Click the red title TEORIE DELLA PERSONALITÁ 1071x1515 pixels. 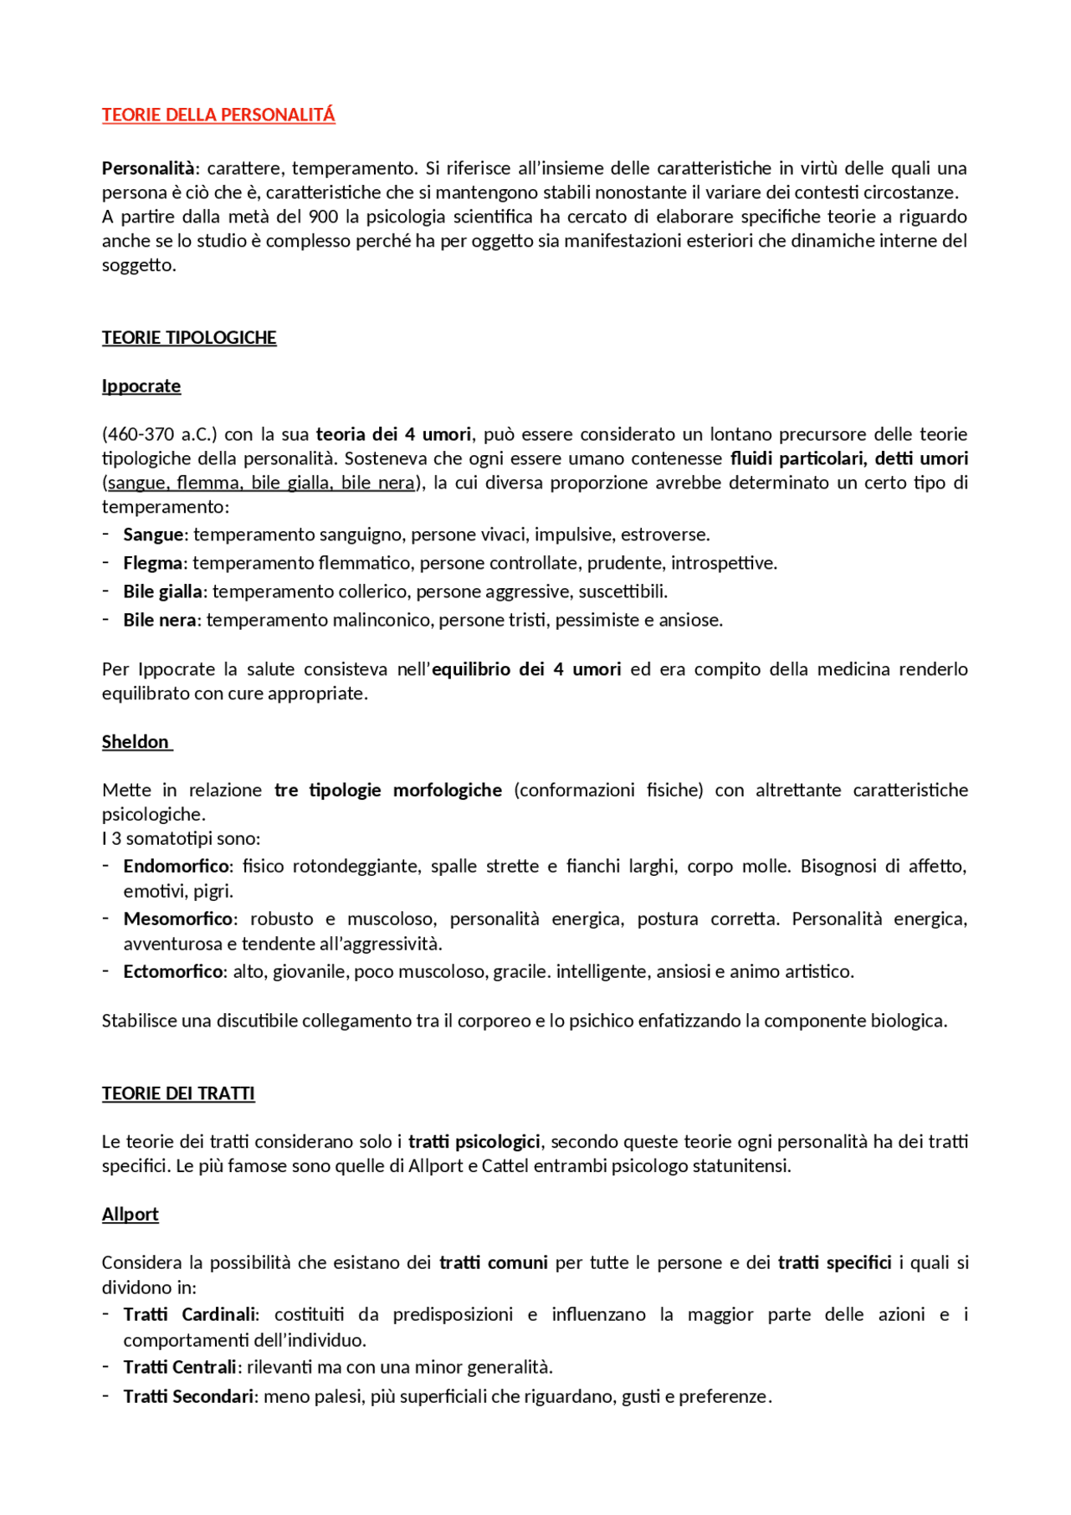218,115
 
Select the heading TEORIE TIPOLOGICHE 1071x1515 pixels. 189,338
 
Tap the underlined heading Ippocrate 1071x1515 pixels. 141,386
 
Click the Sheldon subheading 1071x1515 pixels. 136,742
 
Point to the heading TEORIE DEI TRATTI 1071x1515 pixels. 178,1093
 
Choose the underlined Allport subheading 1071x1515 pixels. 131,1215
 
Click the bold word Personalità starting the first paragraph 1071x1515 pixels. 148,168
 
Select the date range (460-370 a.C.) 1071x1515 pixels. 159,434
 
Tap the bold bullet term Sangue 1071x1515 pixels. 153,535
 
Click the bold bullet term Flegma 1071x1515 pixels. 153,563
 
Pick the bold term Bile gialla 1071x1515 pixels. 163,591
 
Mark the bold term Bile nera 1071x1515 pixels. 160,620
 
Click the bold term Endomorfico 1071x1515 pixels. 177,866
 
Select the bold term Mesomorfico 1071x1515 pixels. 178,919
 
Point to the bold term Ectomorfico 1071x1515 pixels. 173,971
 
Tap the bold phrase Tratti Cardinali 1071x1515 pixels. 190,1314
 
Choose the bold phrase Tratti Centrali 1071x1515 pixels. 180,1367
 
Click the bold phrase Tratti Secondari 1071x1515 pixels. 188,1396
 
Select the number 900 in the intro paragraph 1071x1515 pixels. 323,217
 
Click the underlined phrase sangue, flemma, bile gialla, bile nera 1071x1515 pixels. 261,483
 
